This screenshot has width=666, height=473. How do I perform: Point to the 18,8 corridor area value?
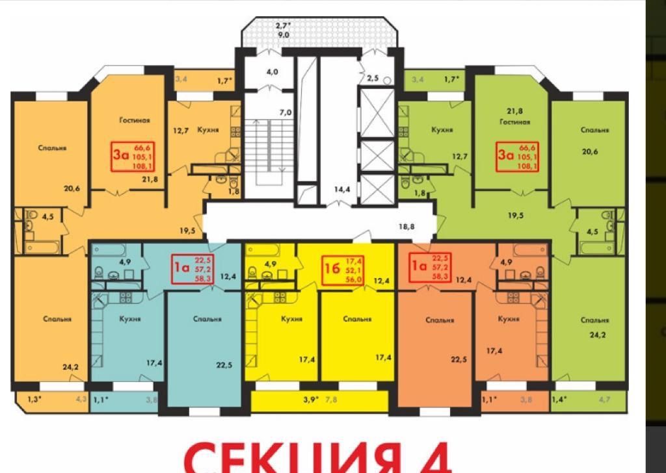click(x=406, y=226)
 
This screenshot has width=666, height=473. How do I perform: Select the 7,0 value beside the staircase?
click(x=285, y=112)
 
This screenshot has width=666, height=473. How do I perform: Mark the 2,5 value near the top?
click(x=373, y=78)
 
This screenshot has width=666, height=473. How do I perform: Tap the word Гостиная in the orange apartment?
click(x=135, y=120)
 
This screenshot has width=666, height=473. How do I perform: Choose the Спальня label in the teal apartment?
click(x=207, y=319)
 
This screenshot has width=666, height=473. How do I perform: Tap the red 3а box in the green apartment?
click(x=518, y=156)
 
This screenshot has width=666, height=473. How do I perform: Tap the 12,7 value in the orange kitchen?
click(x=181, y=130)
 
